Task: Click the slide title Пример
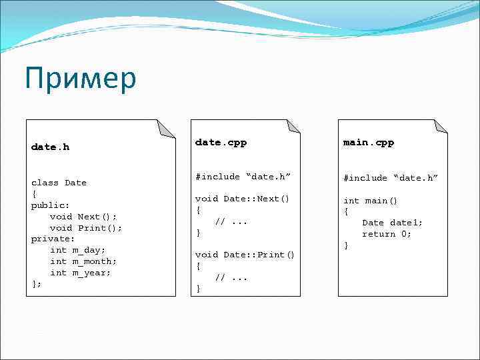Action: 80,79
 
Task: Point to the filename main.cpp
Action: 368,143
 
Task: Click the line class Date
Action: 59,183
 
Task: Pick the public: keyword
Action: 51,205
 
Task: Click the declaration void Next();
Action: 83,217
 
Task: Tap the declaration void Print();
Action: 86,228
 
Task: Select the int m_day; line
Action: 78,250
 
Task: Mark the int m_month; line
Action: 83,261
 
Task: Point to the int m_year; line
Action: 81,273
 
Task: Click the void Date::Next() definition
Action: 242,199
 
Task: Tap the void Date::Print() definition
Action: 245,255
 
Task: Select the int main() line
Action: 370,201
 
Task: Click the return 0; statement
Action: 387,234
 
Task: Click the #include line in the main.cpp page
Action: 390,178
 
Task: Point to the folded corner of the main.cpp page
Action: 440,127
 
